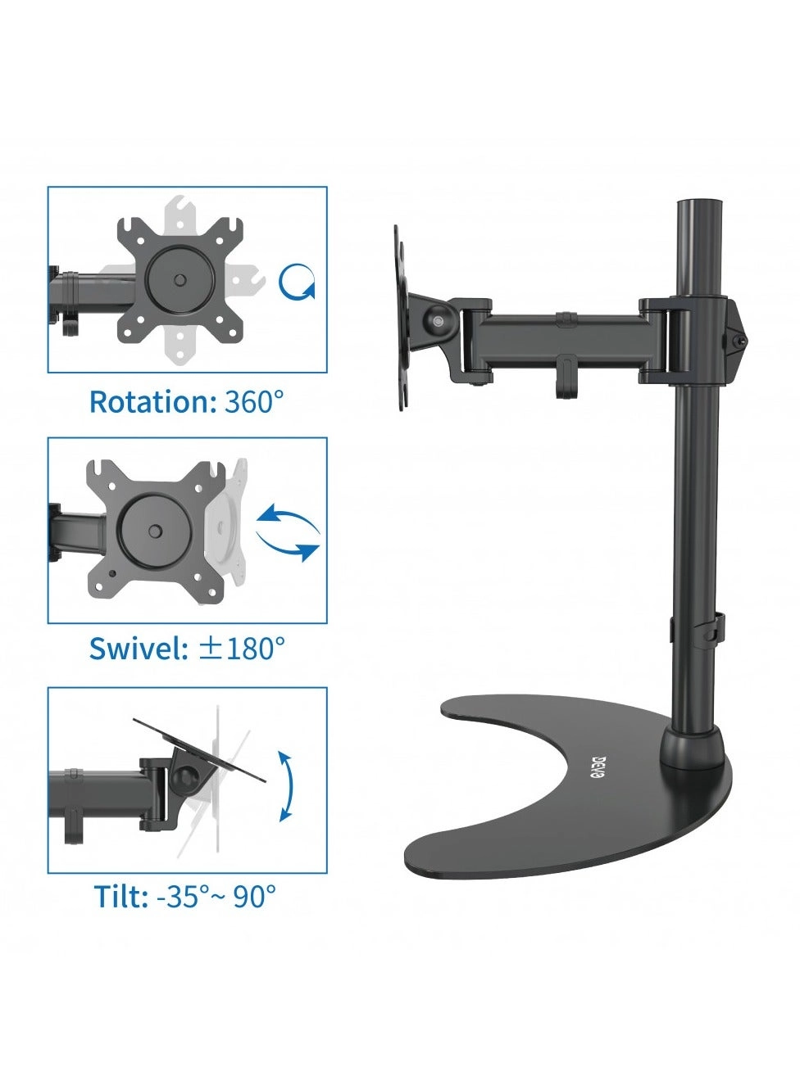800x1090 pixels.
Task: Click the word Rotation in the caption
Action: point(151,402)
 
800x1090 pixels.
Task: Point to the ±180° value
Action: point(243,649)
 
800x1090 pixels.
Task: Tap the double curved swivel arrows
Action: point(288,533)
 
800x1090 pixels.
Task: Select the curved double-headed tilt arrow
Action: point(285,785)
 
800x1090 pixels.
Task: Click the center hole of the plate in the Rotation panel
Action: point(179,280)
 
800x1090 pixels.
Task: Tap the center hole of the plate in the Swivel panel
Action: point(155,531)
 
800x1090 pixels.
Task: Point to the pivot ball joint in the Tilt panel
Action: point(191,775)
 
